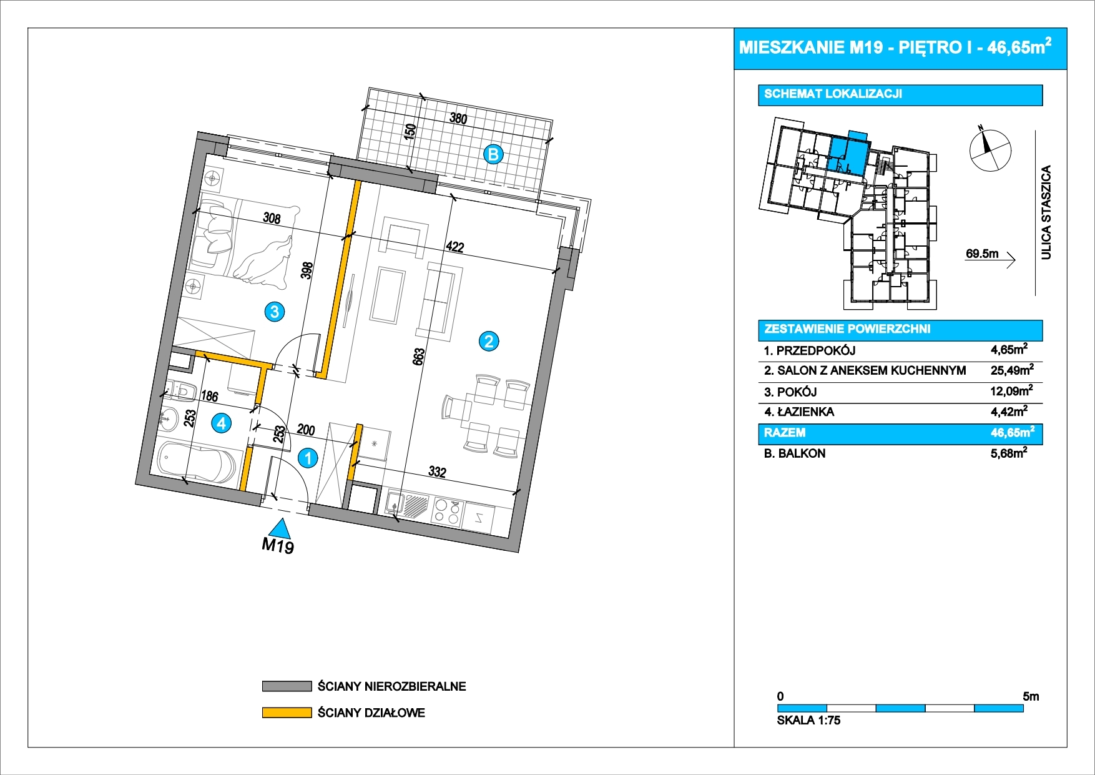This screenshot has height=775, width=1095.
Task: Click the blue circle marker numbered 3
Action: [x=275, y=311]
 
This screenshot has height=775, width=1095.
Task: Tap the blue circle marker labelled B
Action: [x=493, y=154]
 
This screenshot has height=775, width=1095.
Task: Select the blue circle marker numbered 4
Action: [x=222, y=423]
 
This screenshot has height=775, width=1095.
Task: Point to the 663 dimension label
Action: [x=419, y=357]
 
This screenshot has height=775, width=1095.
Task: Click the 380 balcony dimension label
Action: [x=458, y=118]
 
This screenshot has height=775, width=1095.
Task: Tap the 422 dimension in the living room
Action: [x=455, y=247]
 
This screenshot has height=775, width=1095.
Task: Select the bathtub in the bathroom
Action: [x=197, y=462]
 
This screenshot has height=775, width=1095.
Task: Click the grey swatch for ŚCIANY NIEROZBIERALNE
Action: [x=287, y=686]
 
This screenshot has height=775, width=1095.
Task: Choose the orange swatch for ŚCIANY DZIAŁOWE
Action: [x=287, y=713]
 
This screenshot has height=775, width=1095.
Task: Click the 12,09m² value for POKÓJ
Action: [x=1011, y=391]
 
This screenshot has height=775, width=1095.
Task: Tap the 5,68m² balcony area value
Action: [x=1009, y=453]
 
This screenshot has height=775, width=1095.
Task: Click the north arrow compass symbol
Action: [x=989, y=150]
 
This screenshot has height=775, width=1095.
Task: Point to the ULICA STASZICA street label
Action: [x=1046, y=212]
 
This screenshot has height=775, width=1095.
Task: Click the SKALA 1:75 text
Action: [x=808, y=720]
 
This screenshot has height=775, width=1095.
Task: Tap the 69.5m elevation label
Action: [x=982, y=254]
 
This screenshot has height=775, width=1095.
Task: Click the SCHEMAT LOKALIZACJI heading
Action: [x=833, y=94]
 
